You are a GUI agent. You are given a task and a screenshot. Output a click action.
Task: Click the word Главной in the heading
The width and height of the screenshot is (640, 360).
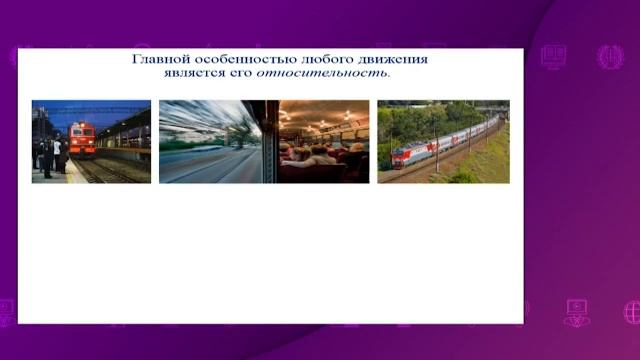pyautogui.click(x=161, y=58)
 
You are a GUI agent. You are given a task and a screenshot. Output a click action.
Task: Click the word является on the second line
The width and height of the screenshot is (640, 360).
pyautogui.click(x=186, y=72)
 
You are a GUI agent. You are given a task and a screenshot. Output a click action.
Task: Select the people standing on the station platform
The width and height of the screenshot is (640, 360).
pyautogui.click(x=48, y=155)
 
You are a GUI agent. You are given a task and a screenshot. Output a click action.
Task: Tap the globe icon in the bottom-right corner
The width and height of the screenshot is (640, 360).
pyautogui.click(x=631, y=312)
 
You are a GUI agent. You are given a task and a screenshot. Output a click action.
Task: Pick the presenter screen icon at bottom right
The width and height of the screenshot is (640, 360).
pyautogui.click(x=577, y=312)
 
